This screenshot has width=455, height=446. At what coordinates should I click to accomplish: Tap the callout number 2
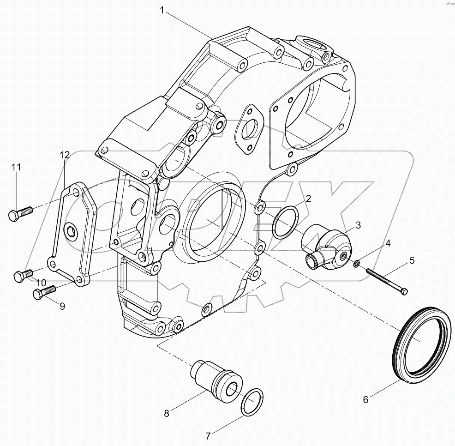tap(308, 199)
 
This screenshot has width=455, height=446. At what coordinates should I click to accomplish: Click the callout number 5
tap(412, 260)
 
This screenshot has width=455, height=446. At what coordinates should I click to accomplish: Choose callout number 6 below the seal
tap(365, 400)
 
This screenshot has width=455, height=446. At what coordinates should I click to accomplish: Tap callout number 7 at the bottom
tap(209, 435)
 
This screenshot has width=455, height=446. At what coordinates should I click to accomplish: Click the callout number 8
tap(166, 413)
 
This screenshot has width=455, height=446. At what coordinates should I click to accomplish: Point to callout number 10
tap(42, 283)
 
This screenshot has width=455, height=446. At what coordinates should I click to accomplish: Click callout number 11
tap(17, 168)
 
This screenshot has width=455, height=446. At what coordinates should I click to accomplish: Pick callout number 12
tap(64, 155)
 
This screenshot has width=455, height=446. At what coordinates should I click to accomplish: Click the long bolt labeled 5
tap(387, 281)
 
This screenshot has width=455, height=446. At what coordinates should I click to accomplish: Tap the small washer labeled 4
tap(356, 264)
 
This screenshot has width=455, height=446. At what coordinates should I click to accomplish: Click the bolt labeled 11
tap(20, 213)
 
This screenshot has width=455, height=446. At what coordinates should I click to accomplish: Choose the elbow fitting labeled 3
tap(325, 246)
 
